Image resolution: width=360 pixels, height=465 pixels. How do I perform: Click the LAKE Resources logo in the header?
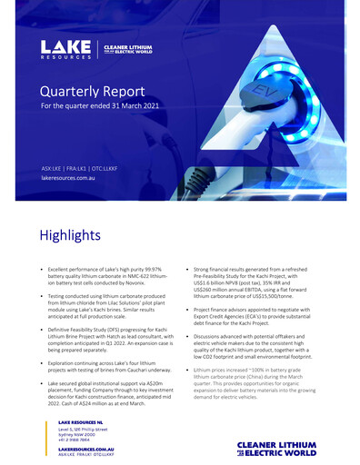point(65,49)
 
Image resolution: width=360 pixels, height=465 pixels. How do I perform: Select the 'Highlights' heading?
point(69,235)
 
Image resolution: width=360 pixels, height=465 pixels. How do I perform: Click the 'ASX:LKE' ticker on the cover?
point(54,168)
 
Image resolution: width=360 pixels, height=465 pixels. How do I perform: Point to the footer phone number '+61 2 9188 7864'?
point(75,440)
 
